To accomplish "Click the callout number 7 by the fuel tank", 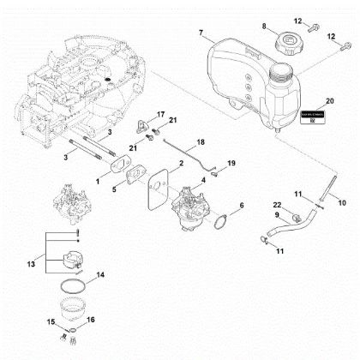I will pyautogui.click(x=200, y=33).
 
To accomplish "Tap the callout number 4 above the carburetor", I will pyautogui.click(x=202, y=180).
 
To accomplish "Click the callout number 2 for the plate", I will pyautogui.click(x=178, y=162).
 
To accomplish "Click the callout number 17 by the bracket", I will pyautogui.click(x=159, y=113).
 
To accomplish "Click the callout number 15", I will pyautogui.click(x=51, y=321).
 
